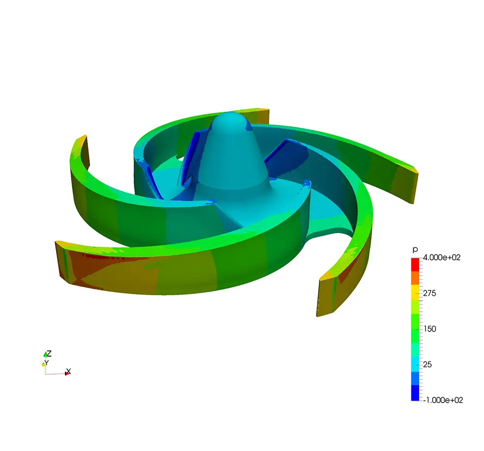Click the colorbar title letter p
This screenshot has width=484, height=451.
click(x=415, y=250)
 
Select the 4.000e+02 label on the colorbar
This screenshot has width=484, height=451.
click(x=441, y=257)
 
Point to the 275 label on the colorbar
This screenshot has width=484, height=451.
click(x=429, y=293)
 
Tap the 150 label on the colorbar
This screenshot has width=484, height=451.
click(x=430, y=329)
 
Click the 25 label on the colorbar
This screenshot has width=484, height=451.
click(x=427, y=364)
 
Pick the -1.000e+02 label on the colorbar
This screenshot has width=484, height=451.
click(x=443, y=400)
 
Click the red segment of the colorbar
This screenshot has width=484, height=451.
click(x=415, y=265)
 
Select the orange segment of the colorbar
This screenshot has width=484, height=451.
click(x=415, y=278)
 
